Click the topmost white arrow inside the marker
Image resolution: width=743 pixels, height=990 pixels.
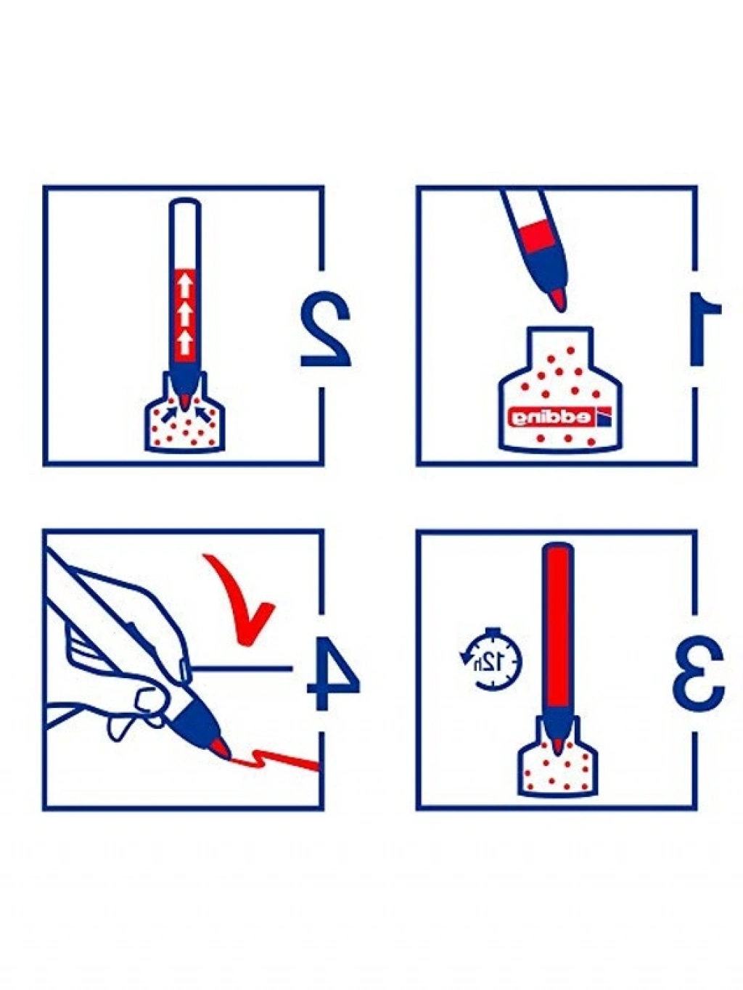184,286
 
